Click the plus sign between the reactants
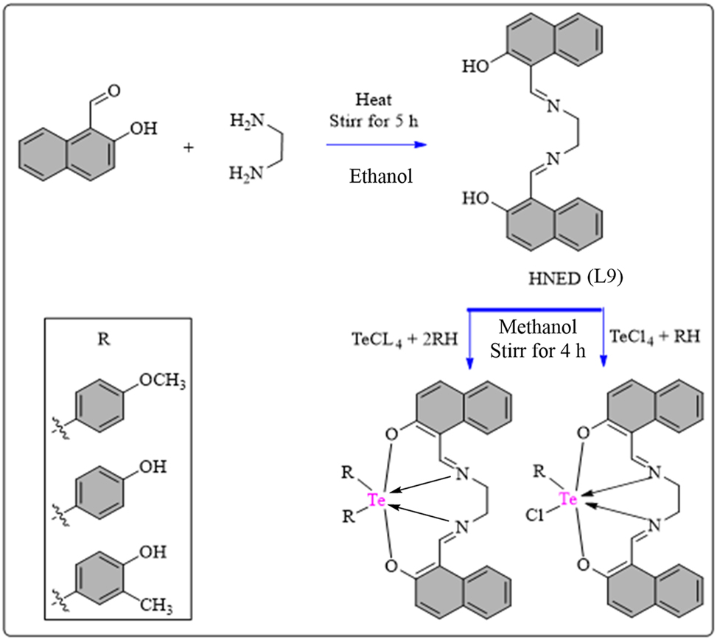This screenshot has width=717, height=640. point(189,147)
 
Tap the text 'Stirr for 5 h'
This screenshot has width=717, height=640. point(374,122)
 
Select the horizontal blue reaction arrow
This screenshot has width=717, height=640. point(376,145)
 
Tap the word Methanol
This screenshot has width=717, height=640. point(537,327)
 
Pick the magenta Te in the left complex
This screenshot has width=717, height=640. point(377,501)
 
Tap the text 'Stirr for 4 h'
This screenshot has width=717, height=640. point(537,349)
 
